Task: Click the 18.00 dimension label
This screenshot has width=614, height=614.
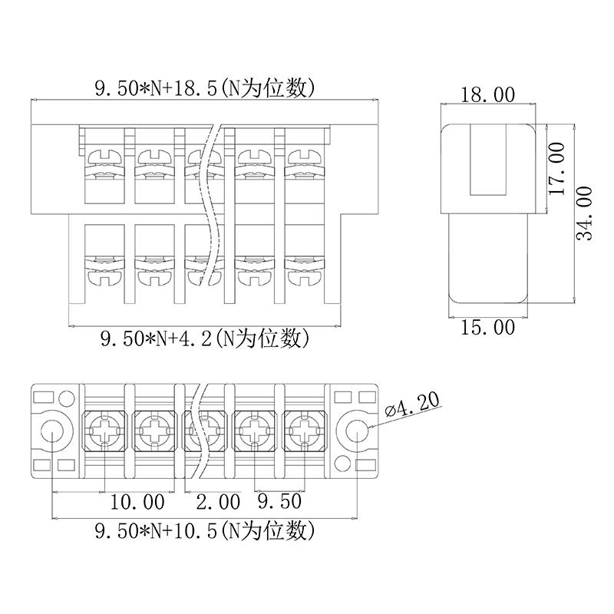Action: point(487,95)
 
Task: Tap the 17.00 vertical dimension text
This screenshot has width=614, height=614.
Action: point(558,169)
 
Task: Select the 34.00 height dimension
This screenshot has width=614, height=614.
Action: point(585,213)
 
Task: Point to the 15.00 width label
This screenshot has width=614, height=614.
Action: point(487,328)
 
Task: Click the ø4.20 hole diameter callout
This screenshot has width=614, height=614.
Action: point(412,404)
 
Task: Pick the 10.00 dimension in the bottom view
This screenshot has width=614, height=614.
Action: point(137,502)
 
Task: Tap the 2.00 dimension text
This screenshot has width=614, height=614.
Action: point(218,502)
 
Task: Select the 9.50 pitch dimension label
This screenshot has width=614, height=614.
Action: point(279,501)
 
